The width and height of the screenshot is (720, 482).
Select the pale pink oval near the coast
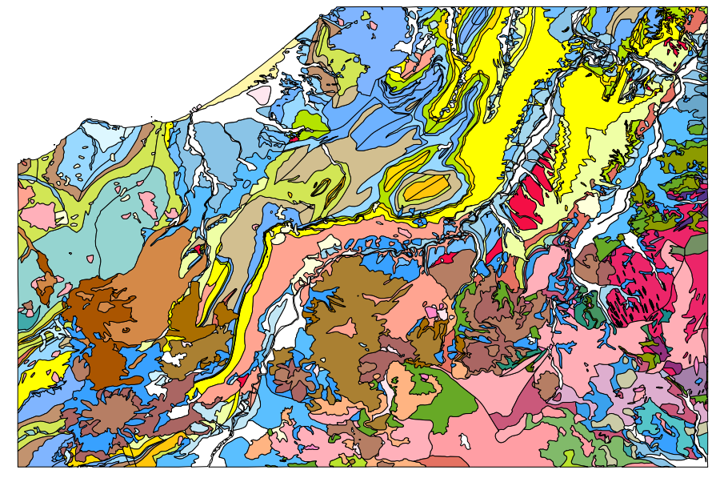point(260,95)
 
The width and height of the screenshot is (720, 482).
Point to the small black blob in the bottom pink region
point(464,440)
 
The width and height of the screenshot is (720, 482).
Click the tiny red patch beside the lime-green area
point(293,138)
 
